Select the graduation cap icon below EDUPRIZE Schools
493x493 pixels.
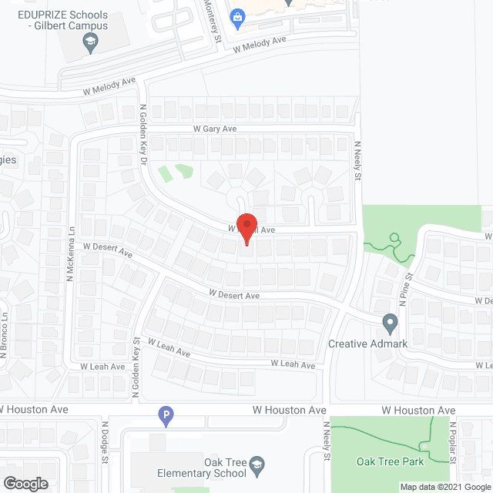pyautogui.click(x=91, y=45)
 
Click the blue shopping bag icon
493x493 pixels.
pyautogui.click(x=237, y=16)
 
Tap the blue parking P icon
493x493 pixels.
pyautogui.click(x=165, y=417)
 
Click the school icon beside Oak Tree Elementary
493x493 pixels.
pyautogui.click(x=258, y=464)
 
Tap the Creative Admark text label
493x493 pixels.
pyautogui.click(x=367, y=344)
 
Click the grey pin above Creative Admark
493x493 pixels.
pyautogui.click(x=390, y=322)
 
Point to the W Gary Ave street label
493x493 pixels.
pyautogui.click(x=215, y=129)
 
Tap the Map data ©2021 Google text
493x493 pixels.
pyautogui.click(x=445, y=487)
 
